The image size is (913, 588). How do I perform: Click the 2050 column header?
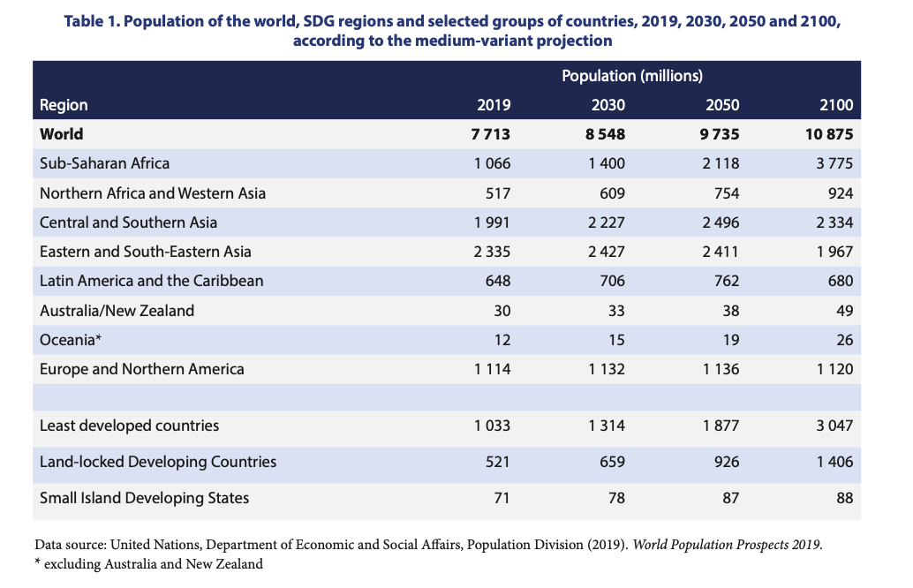[x=722, y=105]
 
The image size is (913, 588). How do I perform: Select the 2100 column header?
[x=836, y=105]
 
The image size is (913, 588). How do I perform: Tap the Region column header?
[x=64, y=105]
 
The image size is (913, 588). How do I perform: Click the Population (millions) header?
[x=631, y=76]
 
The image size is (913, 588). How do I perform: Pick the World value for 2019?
[x=492, y=134]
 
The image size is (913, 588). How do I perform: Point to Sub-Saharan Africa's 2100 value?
[x=835, y=163]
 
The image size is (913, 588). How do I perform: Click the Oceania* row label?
[x=68, y=340]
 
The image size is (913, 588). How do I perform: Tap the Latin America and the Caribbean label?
[x=152, y=281]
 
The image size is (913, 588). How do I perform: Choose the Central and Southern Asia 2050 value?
[x=721, y=222]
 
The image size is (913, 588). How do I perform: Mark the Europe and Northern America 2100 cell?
[x=835, y=369]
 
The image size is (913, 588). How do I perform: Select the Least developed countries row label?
[x=129, y=426]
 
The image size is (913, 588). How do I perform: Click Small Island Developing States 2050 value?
[x=730, y=498]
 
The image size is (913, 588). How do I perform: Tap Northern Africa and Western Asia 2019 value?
[x=499, y=192]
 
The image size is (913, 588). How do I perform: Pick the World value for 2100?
[x=829, y=134]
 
